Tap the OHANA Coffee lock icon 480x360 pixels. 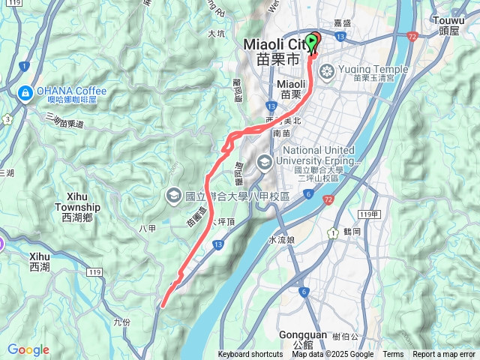24,92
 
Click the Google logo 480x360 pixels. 28,349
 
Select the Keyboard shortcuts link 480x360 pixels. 250,355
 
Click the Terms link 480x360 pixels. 393,355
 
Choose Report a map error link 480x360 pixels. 444,355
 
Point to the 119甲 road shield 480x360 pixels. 367,215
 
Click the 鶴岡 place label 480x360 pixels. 354,232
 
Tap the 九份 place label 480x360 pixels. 121,322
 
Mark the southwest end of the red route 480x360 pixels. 163,304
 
